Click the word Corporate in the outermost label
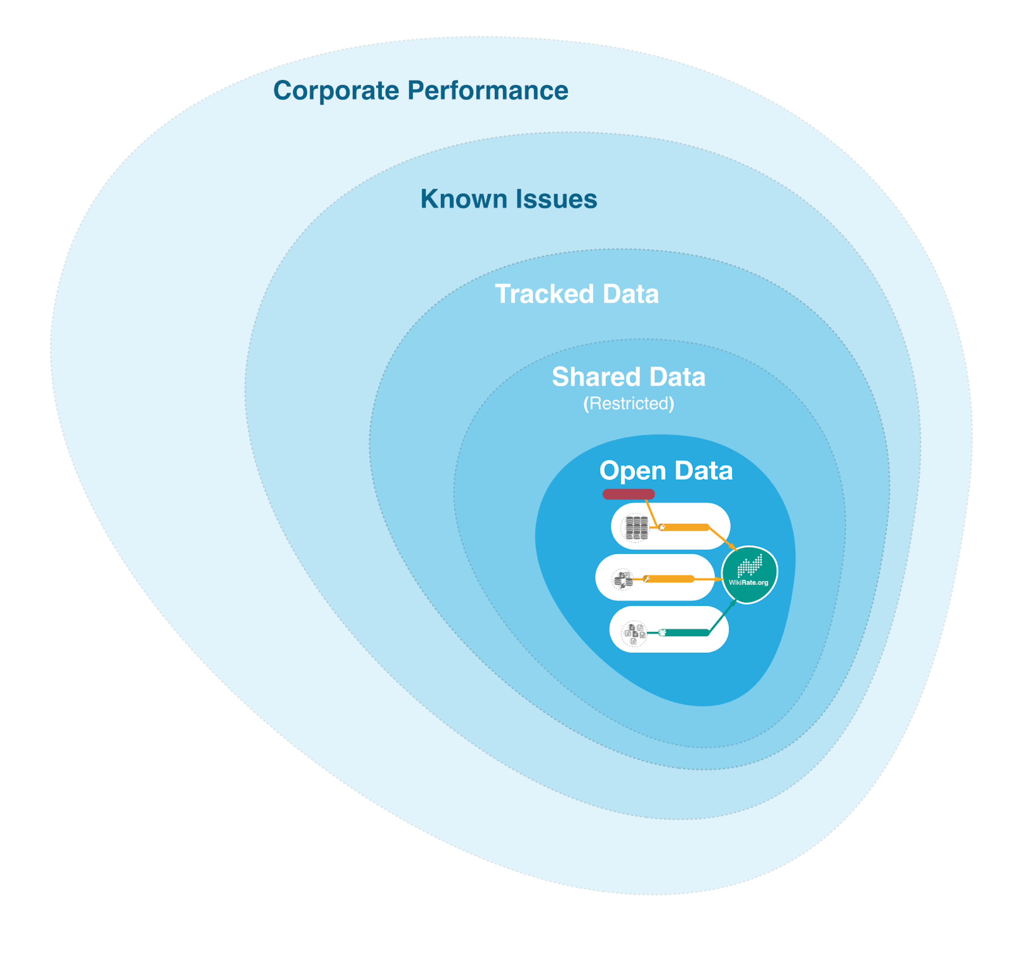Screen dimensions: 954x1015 click(x=336, y=91)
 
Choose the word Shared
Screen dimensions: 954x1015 click(x=596, y=377)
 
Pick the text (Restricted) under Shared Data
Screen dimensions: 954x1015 click(x=629, y=404)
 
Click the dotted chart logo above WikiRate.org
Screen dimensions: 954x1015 click(x=750, y=566)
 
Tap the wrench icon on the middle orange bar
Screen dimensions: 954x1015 click(x=647, y=579)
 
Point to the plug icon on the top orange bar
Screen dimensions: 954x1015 click(x=662, y=527)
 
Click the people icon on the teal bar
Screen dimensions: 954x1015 click(x=662, y=633)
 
